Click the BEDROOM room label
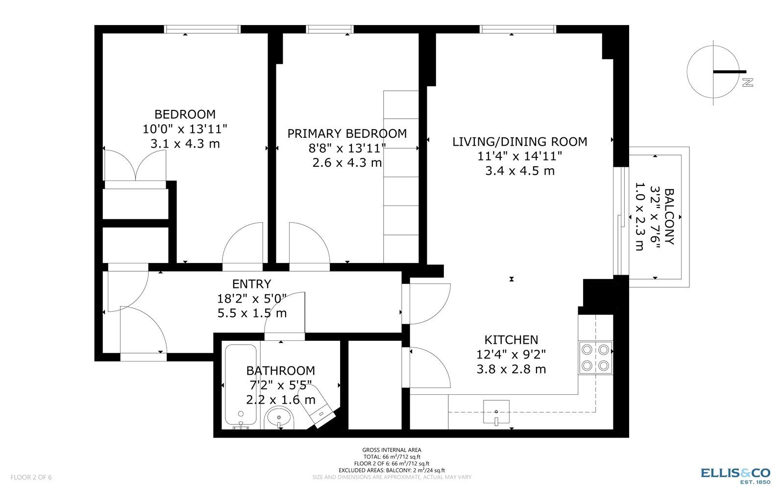(x=185, y=114)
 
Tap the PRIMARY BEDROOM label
(x=347, y=133)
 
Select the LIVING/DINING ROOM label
(x=520, y=141)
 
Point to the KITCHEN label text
(x=511, y=340)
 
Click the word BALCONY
(x=669, y=216)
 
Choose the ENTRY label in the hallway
(x=252, y=284)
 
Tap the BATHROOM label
(x=280, y=370)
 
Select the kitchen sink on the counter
(x=496, y=412)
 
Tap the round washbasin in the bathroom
(x=279, y=418)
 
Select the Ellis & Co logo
(x=735, y=476)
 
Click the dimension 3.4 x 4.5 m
(x=520, y=171)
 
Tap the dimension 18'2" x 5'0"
(x=252, y=299)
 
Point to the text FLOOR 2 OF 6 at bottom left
(x=31, y=477)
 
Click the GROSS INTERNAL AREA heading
(x=392, y=450)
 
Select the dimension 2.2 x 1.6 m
(x=280, y=400)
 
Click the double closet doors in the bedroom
(x=135, y=166)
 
